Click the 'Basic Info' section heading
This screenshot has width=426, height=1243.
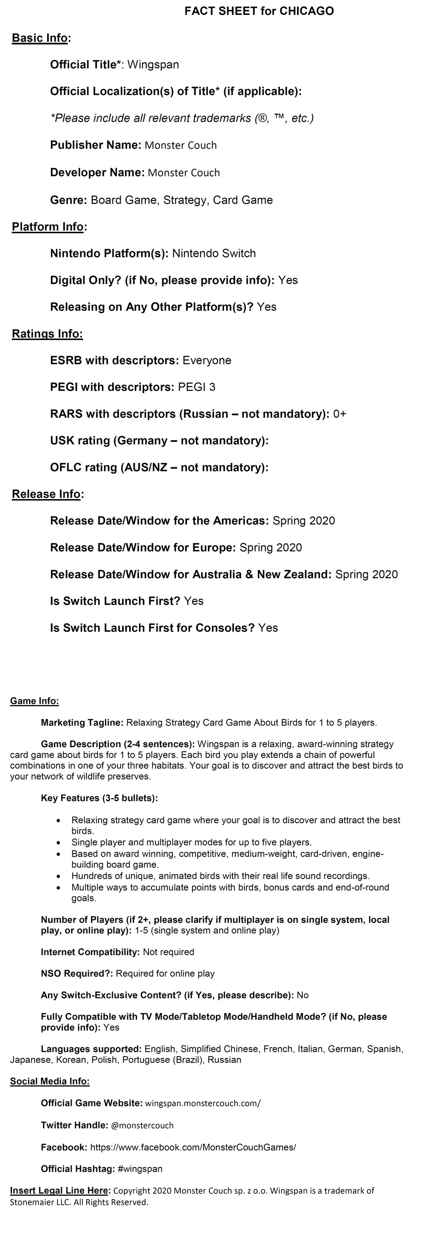point(40,38)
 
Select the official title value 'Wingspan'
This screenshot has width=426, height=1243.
point(153,64)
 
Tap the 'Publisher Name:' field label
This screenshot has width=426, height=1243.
point(96,145)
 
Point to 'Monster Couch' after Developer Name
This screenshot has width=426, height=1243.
point(184,173)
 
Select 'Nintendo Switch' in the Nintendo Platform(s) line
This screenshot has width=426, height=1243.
point(214,254)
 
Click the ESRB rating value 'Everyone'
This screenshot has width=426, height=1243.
point(207,360)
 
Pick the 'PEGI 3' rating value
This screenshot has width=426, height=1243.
point(196,387)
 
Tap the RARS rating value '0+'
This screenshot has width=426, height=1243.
point(340,414)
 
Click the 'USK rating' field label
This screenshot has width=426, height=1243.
point(80,441)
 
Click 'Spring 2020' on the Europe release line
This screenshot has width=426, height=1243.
point(270,548)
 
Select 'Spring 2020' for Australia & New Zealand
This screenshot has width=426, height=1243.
point(366,574)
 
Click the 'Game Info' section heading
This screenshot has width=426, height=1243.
point(34,701)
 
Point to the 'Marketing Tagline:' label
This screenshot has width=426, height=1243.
point(82,722)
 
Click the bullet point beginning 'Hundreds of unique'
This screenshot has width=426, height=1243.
point(220,876)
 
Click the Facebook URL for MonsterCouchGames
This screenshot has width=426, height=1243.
point(193,1147)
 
